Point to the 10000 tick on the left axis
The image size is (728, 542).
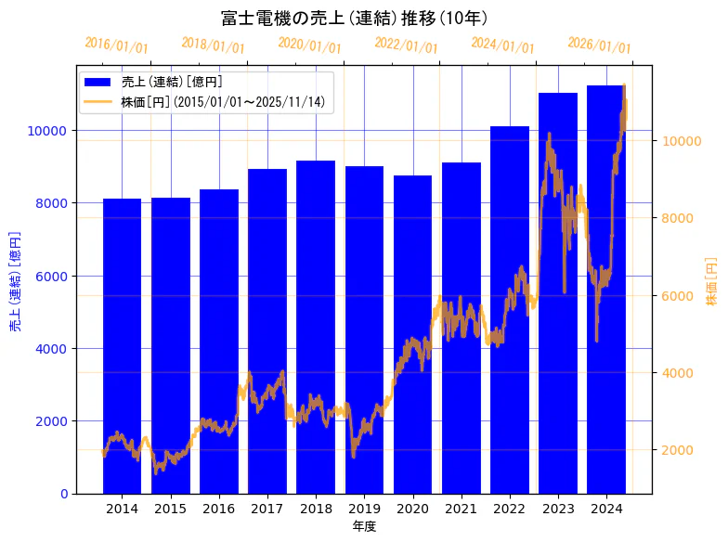click(x=46, y=131)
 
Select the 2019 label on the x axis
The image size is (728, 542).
click(x=364, y=509)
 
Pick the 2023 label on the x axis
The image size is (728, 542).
click(x=558, y=509)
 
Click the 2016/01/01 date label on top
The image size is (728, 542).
click(x=115, y=45)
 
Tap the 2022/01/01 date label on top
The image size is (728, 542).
click(x=405, y=45)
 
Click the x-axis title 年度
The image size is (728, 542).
click(x=364, y=526)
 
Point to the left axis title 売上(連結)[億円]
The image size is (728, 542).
click(x=15, y=281)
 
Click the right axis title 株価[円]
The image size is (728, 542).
click(x=711, y=281)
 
